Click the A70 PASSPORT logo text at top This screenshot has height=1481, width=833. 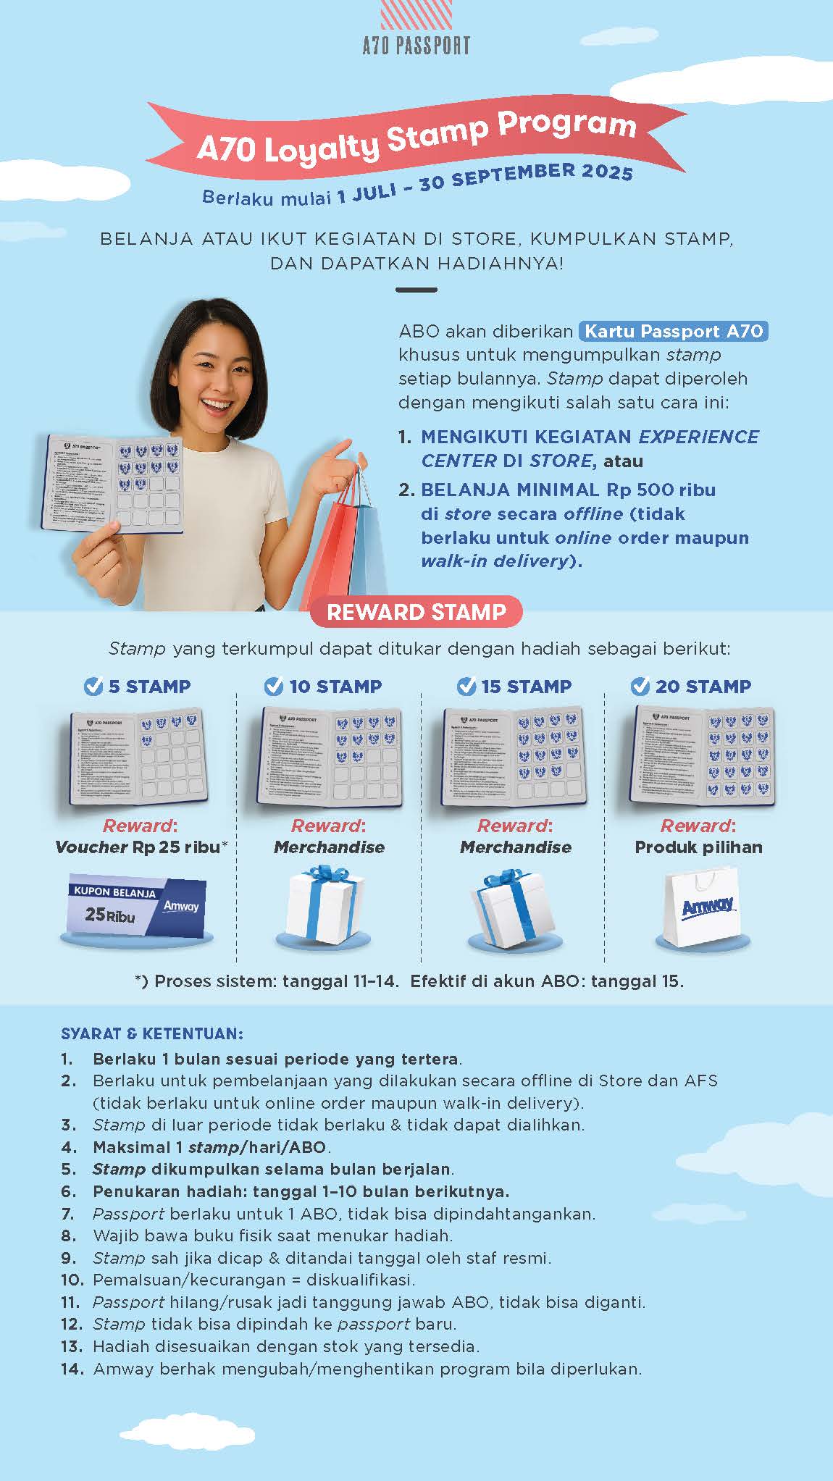tap(416, 46)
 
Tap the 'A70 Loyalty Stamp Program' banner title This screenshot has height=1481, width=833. tap(416, 138)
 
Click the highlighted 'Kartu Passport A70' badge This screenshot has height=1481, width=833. tap(674, 332)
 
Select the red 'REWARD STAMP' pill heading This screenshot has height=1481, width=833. tap(416, 612)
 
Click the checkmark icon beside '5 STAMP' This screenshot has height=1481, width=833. tap(93, 686)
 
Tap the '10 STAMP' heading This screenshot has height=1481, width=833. tap(335, 686)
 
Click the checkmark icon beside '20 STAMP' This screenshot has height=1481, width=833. tap(640, 686)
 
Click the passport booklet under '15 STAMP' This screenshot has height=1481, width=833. tap(513, 757)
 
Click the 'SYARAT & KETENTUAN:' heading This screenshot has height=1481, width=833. tap(152, 1033)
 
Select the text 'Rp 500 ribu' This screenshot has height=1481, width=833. tap(661, 490)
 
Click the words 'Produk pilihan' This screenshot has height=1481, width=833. tap(698, 847)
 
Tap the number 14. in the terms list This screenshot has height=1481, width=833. tap(72, 1369)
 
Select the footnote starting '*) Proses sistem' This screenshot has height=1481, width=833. tap(409, 981)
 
